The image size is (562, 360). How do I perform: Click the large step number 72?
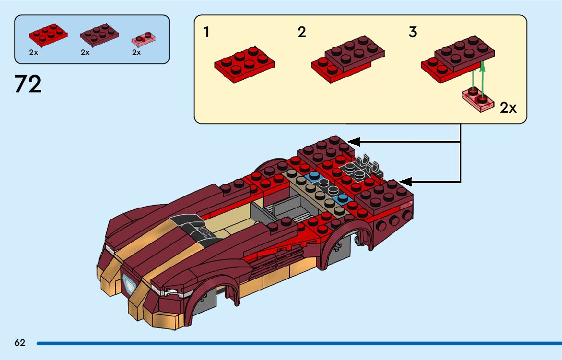[28, 84]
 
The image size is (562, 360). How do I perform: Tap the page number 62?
[20, 343]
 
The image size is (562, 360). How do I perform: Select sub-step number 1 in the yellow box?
[206, 32]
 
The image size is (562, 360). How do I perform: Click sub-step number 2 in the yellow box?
[302, 32]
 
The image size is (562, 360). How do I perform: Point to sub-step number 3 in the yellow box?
[413, 32]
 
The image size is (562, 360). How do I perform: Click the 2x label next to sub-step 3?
[508, 108]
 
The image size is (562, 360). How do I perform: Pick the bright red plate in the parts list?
[48, 34]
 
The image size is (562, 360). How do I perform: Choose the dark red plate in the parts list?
[100, 34]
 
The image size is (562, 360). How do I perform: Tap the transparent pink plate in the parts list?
[143, 38]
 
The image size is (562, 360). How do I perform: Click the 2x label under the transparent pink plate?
[136, 52]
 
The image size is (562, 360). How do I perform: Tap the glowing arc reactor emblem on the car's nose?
[130, 282]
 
